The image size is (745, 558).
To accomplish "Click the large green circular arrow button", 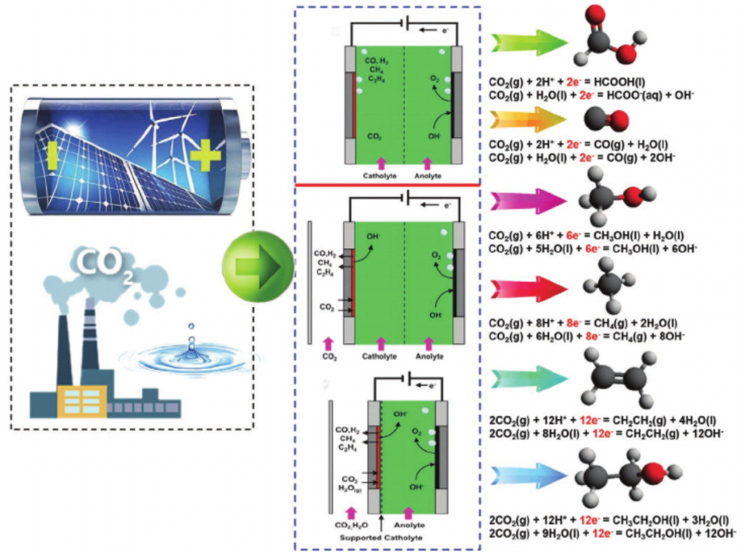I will [x=253, y=266].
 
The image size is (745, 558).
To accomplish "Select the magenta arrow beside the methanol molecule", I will [x=528, y=200].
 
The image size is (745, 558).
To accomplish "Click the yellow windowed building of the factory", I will [x=82, y=401].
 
